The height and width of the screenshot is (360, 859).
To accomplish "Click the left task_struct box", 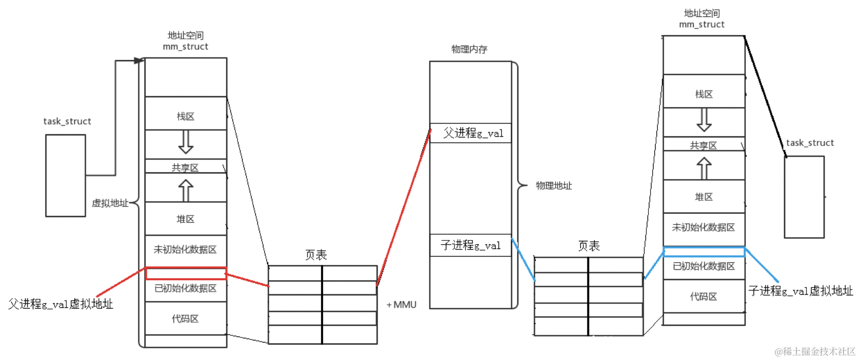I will (x=66, y=176).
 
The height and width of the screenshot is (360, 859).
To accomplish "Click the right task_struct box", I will (x=804, y=197).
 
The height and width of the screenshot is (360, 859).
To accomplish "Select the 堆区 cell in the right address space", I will (x=704, y=197).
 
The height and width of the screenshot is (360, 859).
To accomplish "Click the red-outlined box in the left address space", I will (x=186, y=274).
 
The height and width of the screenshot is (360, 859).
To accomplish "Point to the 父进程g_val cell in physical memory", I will (x=471, y=133).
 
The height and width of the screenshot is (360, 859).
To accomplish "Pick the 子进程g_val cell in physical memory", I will (x=471, y=245).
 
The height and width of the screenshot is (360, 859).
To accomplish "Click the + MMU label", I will (x=401, y=305).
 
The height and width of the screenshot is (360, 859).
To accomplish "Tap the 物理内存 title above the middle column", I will (x=469, y=49).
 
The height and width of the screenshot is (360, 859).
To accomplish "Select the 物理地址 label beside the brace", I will (x=554, y=186).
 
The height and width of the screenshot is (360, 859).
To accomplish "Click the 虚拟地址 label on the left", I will (x=110, y=203).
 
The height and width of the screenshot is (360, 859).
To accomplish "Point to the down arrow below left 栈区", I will (x=186, y=142).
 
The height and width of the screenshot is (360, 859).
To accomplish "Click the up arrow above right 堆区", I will (x=704, y=168).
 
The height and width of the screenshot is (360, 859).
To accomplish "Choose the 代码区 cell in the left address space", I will (x=186, y=318).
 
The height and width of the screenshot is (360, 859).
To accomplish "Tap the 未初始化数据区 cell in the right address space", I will (x=704, y=227).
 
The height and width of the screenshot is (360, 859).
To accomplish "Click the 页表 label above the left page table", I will (x=316, y=255).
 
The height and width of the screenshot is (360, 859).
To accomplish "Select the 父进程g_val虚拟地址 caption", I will (x=61, y=304).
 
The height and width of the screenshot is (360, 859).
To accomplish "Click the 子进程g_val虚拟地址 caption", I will (x=801, y=291).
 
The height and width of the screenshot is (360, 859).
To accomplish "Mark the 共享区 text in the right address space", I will (x=704, y=146).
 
